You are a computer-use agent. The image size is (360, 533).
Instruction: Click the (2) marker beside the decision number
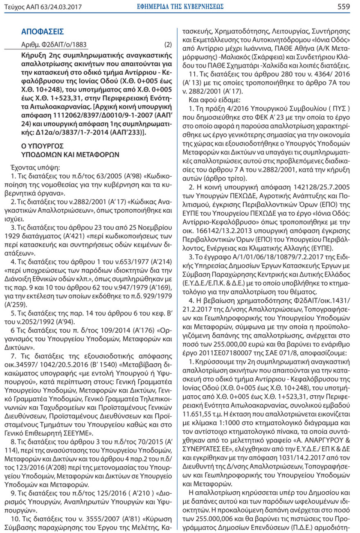coord(168,45)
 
